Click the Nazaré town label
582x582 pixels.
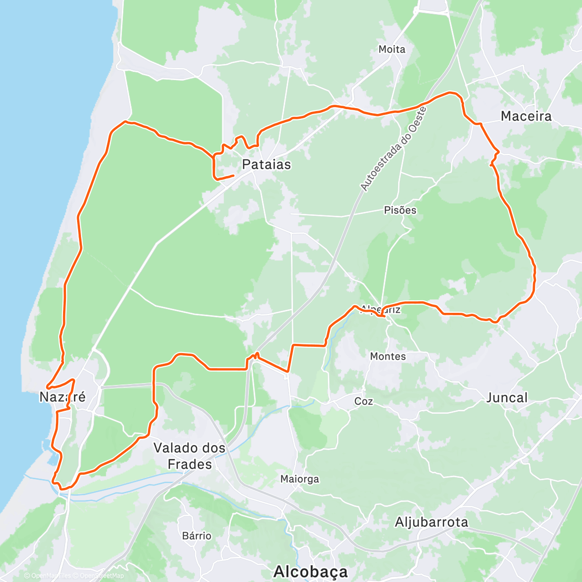click(x=63, y=397)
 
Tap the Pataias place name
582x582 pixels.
click(x=266, y=164)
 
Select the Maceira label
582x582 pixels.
click(x=526, y=116)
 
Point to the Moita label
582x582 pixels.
click(x=392, y=49)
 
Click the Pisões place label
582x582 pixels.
click(x=400, y=210)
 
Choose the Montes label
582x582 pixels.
click(x=388, y=356)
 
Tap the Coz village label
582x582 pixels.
click(x=364, y=401)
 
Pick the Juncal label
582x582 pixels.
click(x=507, y=398)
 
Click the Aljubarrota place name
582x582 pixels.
click(x=432, y=522)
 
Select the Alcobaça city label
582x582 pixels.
click(x=311, y=571)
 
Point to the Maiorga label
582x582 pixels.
click(x=300, y=479)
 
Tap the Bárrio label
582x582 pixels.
click(x=197, y=536)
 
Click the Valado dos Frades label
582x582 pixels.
click(x=190, y=456)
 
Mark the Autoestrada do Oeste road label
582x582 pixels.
click(x=393, y=148)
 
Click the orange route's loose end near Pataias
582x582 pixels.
click(x=234, y=175)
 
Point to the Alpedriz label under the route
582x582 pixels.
click(x=381, y=309)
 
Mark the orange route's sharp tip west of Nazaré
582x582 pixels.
click(x=47, y=387)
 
